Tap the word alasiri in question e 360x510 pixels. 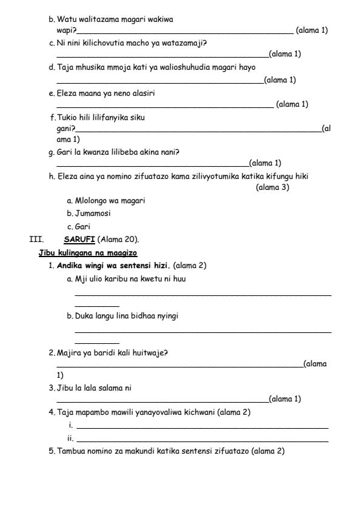click(x=150, y=93)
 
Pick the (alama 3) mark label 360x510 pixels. click(x=272, y=187)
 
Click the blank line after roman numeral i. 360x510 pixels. click(x=202, y=428)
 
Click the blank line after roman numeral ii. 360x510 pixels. click(x=202, y=440)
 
